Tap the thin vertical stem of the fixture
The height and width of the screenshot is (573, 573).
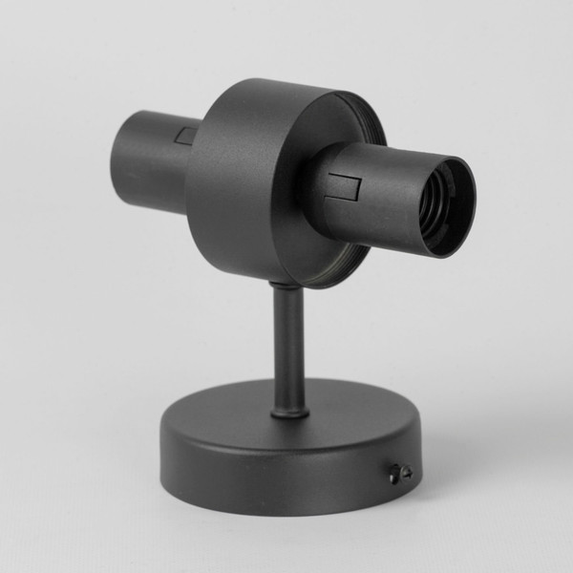click(287, 344)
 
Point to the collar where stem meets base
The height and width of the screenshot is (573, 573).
click(289, 411)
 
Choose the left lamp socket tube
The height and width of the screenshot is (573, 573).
click(148, 158)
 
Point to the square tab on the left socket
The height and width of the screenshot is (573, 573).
click(186, 136)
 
